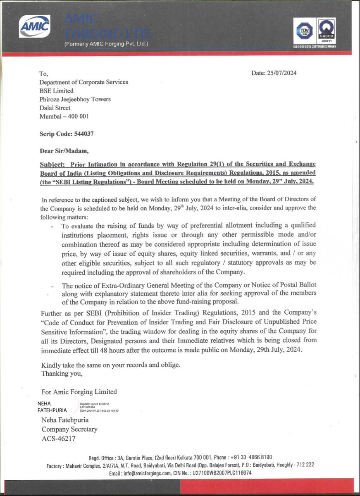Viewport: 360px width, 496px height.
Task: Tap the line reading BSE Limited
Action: (x=56, y=91)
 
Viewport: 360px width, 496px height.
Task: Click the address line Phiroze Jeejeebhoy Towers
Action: (x=75, y=99)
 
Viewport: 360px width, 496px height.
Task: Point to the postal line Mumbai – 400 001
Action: (x=64, y=117)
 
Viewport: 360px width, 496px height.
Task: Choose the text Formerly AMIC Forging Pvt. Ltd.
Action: (x=106, y=44)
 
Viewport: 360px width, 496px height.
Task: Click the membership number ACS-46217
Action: (x=58, y=439)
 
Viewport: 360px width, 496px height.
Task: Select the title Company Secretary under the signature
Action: (x=69, y=429)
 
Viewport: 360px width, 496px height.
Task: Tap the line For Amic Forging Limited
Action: (x=79, y=391)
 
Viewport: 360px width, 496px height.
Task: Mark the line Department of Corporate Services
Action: (x=83, y=82)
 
